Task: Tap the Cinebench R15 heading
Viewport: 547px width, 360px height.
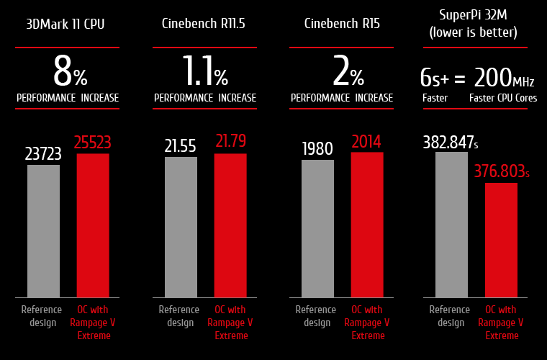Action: pyautogui.click(x=342, y=24)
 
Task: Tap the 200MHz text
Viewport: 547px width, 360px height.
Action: pyautogui.click(x=504, y=77)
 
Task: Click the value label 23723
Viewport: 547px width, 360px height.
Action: pyautogui.click(x=43, y=153)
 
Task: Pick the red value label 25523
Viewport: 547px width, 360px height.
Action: pyautogui.click(x=93, y=143)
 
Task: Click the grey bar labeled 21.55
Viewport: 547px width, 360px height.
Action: pyautogui.click(x=181, y=227)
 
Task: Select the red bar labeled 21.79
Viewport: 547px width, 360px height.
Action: pyautogui.click(x=230, y=225)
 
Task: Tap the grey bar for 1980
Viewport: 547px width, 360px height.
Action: pyautogui.click(x=317, y=228)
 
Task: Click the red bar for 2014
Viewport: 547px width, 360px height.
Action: pyautogui.click(x=367, y=225)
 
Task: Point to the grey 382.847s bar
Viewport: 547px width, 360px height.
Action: pyautogui.click(x=451, y=225)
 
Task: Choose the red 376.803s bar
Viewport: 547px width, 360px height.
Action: pyautogui.click(x=501, y=240)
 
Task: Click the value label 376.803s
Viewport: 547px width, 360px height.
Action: pyautogui.click(x=502, y=172)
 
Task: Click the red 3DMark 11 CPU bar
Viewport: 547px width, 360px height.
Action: pyautogui.click(x=93, y=225)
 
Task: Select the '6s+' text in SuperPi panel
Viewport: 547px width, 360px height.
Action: pyautogui.click(x=435, y=78)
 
